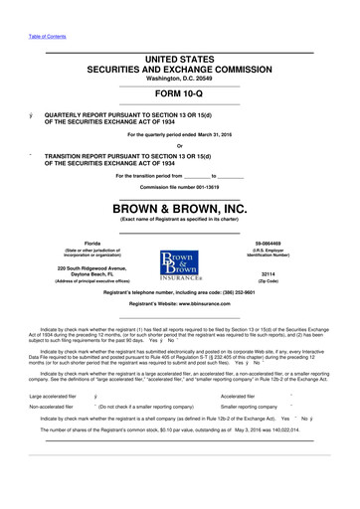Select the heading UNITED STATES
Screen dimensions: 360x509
click(180, 60)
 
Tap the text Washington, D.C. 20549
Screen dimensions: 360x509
click(180, 80)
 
